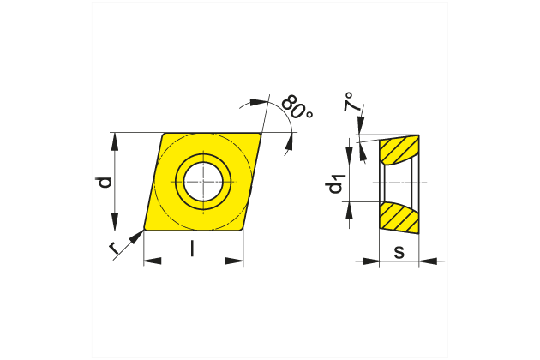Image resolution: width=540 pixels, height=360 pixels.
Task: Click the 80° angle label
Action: click(297, 110)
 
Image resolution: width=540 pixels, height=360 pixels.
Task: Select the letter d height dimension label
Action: click(104, 182)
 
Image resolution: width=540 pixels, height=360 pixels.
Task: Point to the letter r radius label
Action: click(115, 249)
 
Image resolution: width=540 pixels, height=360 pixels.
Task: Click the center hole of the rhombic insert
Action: click(203, 182)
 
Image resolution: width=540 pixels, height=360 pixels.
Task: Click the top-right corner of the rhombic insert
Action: click(261, 134)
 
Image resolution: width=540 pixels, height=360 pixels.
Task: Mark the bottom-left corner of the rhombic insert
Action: click(146, 230)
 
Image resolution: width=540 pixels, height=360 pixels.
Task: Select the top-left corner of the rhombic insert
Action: click(165, 134)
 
